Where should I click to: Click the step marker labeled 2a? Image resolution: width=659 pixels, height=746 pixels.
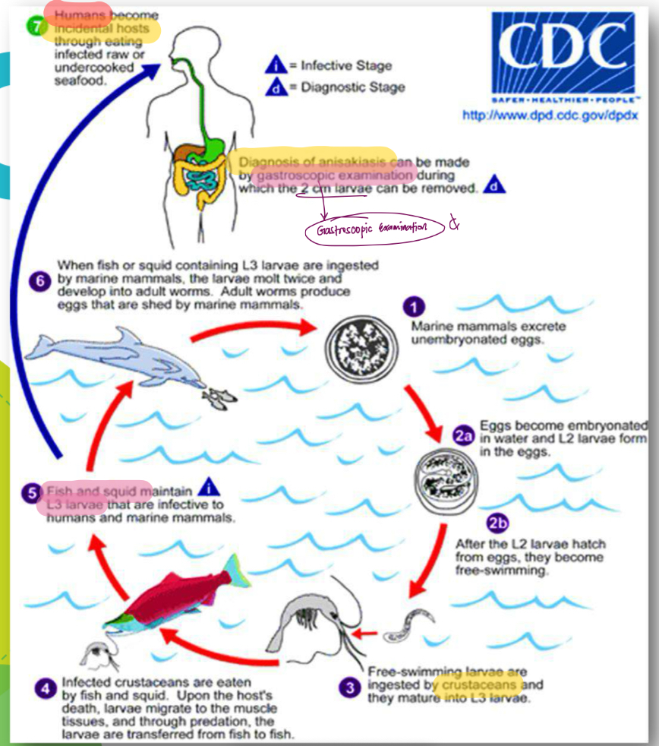click(463, 435)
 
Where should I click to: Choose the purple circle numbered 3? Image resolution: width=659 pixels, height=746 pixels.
click(349, 688)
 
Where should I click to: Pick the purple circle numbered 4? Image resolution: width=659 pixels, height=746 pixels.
click(45, 689)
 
